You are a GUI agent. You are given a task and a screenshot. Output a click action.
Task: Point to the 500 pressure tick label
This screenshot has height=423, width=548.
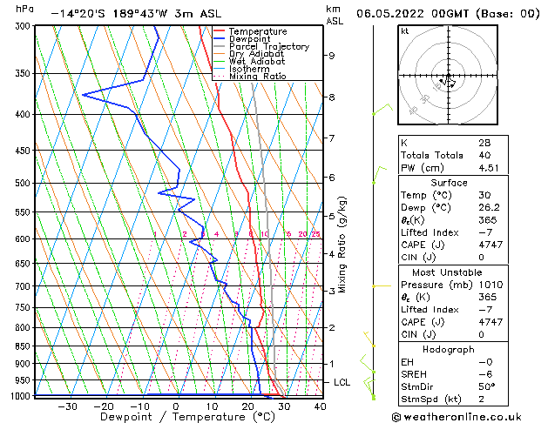click(x=23, y=184)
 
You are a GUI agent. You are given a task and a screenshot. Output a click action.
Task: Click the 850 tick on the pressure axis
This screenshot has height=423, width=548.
click(x=23, y=346)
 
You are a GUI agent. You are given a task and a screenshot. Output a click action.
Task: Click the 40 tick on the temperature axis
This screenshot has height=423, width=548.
click(x=320, y=406)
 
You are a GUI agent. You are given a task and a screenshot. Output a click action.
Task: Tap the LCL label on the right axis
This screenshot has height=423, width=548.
click(x=342, y=382)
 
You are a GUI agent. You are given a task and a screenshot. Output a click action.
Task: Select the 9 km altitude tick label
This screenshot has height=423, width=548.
click(x=332, y=56)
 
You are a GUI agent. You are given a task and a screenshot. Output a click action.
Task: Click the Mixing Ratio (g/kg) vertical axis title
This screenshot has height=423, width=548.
click(x=343, y=245)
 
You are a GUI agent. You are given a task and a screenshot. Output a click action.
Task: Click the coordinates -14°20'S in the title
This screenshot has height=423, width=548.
click(x=77, y=14)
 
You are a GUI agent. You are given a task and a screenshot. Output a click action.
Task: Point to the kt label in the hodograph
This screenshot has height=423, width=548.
click(x=405, y=31)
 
